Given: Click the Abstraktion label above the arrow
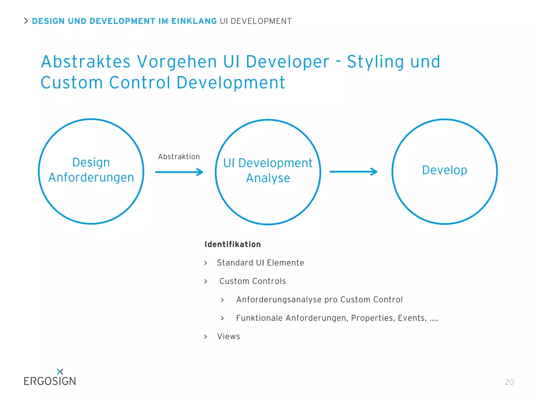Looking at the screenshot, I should click(x=179, y=157).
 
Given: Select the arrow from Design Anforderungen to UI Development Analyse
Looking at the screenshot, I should click(x=179, y=172).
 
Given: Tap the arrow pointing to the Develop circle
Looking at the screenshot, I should click(x=353, y=172).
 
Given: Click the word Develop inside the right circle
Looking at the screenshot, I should click(x=444, y=170).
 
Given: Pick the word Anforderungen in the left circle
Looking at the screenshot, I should click(x=91, y=177).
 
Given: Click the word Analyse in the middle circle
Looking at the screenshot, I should click(x=268, y=178).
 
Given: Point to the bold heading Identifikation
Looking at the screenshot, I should click(x=232, y=244).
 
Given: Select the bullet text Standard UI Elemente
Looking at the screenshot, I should click(x=260, y=263).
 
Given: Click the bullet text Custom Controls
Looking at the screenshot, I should click(x=252, y=281).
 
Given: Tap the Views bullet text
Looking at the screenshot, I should click(x=228, y=336).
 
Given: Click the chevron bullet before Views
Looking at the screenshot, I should click(x=206, y=337).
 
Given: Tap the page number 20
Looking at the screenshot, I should click(x=509, y=382).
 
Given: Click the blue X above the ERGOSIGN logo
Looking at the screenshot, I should click(x=60, y=371).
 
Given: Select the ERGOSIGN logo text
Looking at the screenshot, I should click(x=50, y=381).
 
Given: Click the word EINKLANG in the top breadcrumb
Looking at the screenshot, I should click(x=194, y=21).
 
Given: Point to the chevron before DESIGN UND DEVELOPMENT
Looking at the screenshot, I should click(x=26, y=21).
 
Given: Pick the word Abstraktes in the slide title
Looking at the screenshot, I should click(x=86, y=62).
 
